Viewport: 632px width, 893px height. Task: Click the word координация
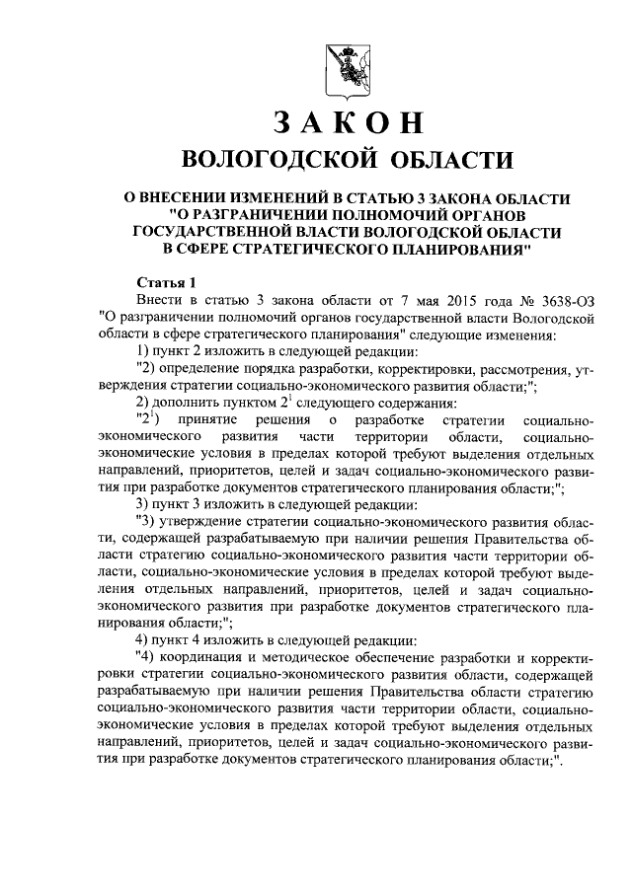(206, 656)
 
